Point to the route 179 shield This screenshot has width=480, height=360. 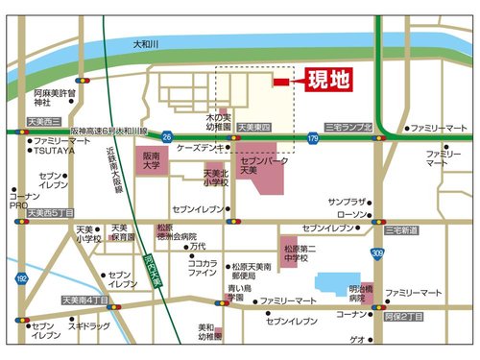tap(313, 140)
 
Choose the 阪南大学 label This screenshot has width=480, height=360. tap(152, 159)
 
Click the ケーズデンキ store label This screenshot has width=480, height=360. tap(200, 147)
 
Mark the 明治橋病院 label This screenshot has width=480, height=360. tap(362, 293)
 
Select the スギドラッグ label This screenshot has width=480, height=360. tap(88, 326)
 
